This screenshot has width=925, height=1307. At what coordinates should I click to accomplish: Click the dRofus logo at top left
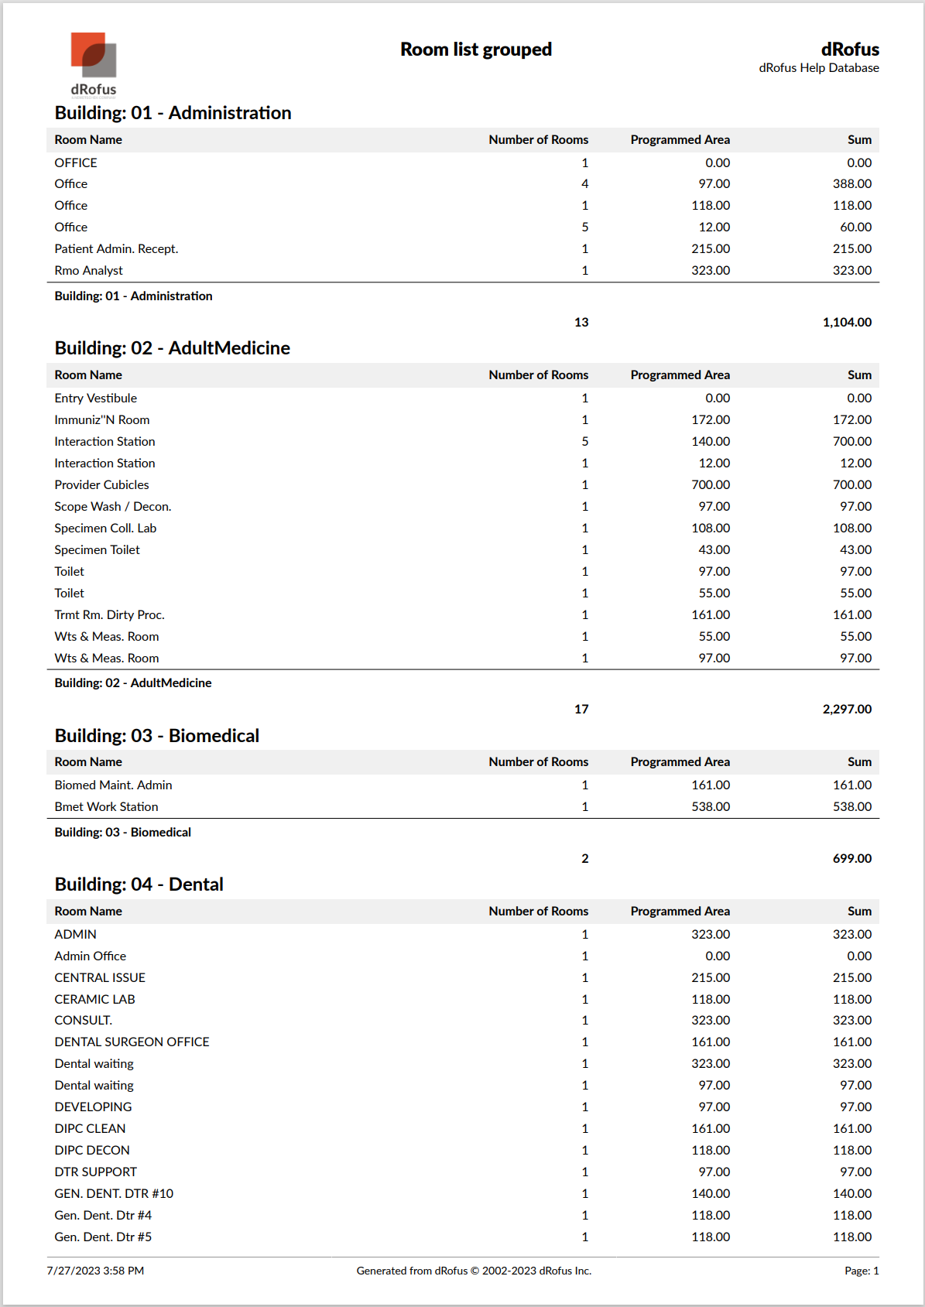click(94, 63)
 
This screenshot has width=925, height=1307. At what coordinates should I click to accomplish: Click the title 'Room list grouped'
click(475, 50)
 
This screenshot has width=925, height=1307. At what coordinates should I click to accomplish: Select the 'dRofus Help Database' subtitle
click(818, 68)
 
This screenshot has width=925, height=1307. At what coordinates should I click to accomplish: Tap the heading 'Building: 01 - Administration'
click(173, 113)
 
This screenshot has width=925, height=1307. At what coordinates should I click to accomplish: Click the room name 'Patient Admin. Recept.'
click(116, 249)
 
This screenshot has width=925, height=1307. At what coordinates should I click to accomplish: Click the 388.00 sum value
click(851, 184)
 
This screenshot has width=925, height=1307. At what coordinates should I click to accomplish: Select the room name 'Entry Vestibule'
click(95, 399)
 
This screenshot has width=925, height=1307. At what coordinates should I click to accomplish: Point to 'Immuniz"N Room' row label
click(101, 420)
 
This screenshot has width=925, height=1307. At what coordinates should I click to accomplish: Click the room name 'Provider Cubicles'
click(101, 485)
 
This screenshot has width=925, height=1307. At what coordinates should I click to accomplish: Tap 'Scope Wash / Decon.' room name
click(112, 507)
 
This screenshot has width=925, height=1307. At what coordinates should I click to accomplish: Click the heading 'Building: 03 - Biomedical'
click(156, 736)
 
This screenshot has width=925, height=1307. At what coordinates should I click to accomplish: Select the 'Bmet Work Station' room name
click(106, 807)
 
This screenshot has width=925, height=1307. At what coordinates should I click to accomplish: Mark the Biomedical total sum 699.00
click(851, 859)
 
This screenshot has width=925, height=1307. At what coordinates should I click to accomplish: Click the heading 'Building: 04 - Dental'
click(139, 884)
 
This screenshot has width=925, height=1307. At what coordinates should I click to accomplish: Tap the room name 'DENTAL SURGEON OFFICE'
click(132, 1042)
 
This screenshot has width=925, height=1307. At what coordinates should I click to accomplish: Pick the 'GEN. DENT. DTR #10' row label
click(114, 1194)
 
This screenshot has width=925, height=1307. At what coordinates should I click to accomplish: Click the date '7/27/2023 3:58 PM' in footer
click(95, 1271)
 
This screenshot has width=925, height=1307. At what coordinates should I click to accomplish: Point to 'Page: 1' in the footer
click(861, 1271)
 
